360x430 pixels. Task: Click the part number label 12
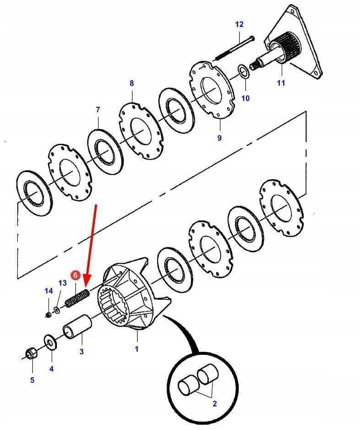[x=240, y=24]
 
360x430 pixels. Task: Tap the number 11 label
[x=281, y=83]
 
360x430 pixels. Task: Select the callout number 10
[x=245, y=98]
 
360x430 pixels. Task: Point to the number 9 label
[x=219, y=137]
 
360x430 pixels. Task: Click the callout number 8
[x=132, y=83]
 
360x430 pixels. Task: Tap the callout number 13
[x=62, y=283]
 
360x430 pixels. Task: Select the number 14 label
[x=49, y=291]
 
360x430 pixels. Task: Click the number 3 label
[x=82, y=352]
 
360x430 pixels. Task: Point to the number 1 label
[x=136, y=349]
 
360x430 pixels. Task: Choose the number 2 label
[x=214, y=403]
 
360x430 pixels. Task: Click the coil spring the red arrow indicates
[x=77, y=298]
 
